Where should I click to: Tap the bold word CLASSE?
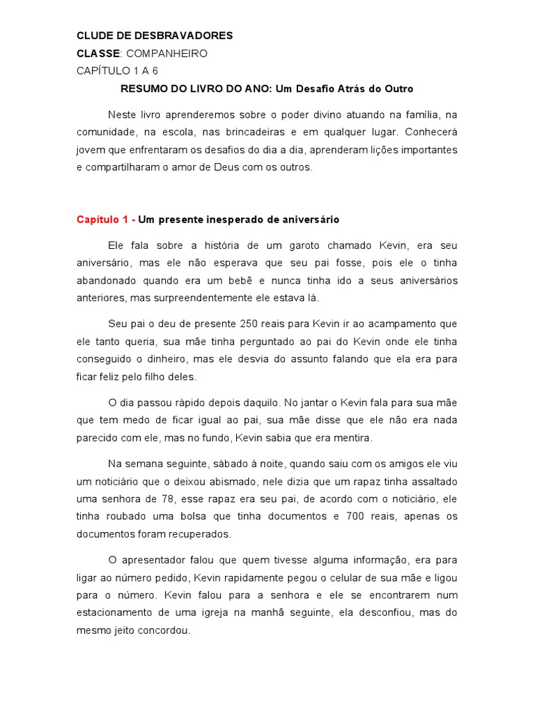point(98,54)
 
